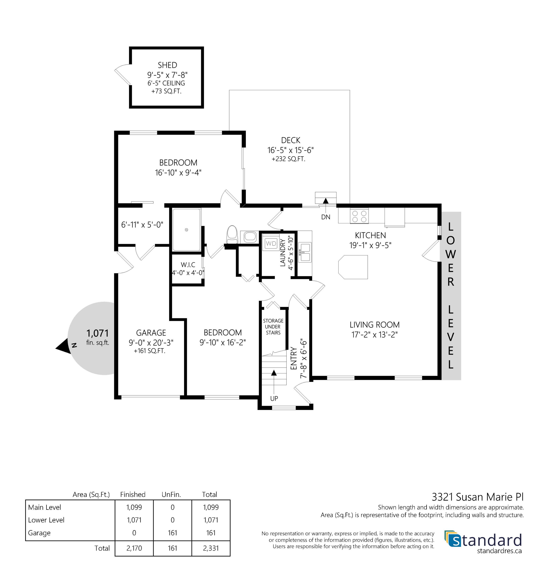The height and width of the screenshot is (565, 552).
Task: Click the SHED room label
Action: click(x=167, y=65)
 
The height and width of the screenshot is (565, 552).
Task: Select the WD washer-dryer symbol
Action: click(x=271, y=244)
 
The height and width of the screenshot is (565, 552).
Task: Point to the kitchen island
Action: click(x=353, y=267)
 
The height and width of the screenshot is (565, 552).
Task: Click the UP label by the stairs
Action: click(x=274, y=399)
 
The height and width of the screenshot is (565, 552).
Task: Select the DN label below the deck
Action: click(x=325, y=217)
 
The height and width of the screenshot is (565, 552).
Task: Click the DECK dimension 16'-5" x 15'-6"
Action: click(x=291, y=150)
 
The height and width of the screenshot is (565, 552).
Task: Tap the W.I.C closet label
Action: click(x=188, y=265)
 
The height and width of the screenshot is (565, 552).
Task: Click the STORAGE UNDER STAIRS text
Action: click(x=273, y=327)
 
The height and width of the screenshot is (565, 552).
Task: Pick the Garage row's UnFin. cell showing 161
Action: click(x=173, y=533)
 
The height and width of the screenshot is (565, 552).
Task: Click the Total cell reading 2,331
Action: click(x=211, y=548)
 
